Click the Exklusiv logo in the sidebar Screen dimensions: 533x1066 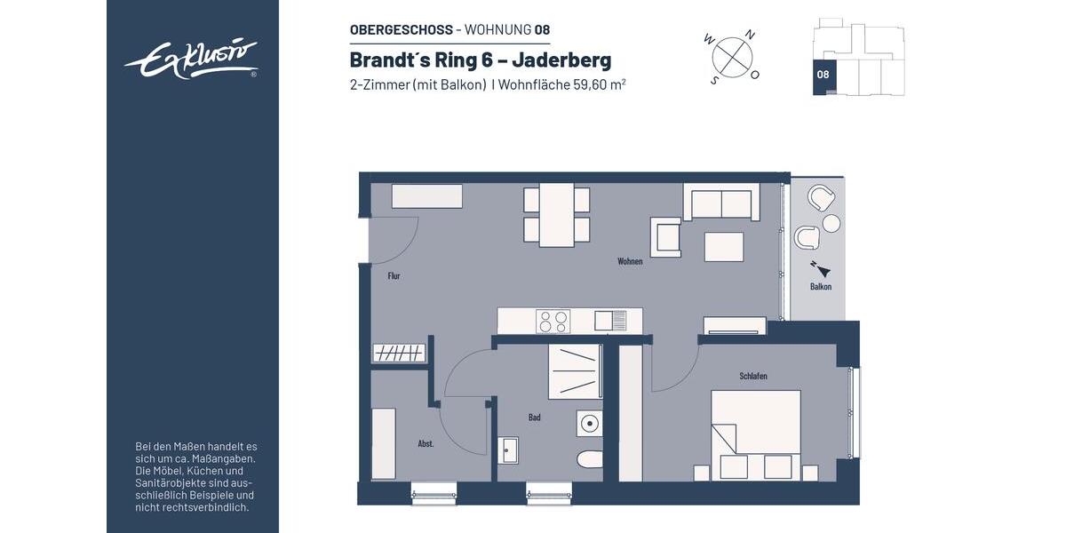click(191, 60)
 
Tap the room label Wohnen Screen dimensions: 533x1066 click(630, 261)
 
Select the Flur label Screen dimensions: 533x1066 click(394, 276)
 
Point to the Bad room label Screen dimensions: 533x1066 click(534, 417)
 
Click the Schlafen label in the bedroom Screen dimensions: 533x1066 click(752, 376)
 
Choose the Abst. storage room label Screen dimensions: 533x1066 click(426, 443)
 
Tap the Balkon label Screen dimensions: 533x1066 click(820, 287)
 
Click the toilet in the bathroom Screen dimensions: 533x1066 click(588, 459)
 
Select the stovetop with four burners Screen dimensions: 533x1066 click(553, 321)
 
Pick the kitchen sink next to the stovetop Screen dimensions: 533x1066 click(610, 320)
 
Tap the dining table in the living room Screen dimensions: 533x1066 click(557, 215)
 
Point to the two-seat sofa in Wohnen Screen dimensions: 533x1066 click(721, 203)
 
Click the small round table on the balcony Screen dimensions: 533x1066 click(831, 223)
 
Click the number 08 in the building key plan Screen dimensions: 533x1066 click(823, 75)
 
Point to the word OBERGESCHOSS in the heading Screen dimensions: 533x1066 click(401, 29)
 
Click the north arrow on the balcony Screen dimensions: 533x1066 click(819, 269)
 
